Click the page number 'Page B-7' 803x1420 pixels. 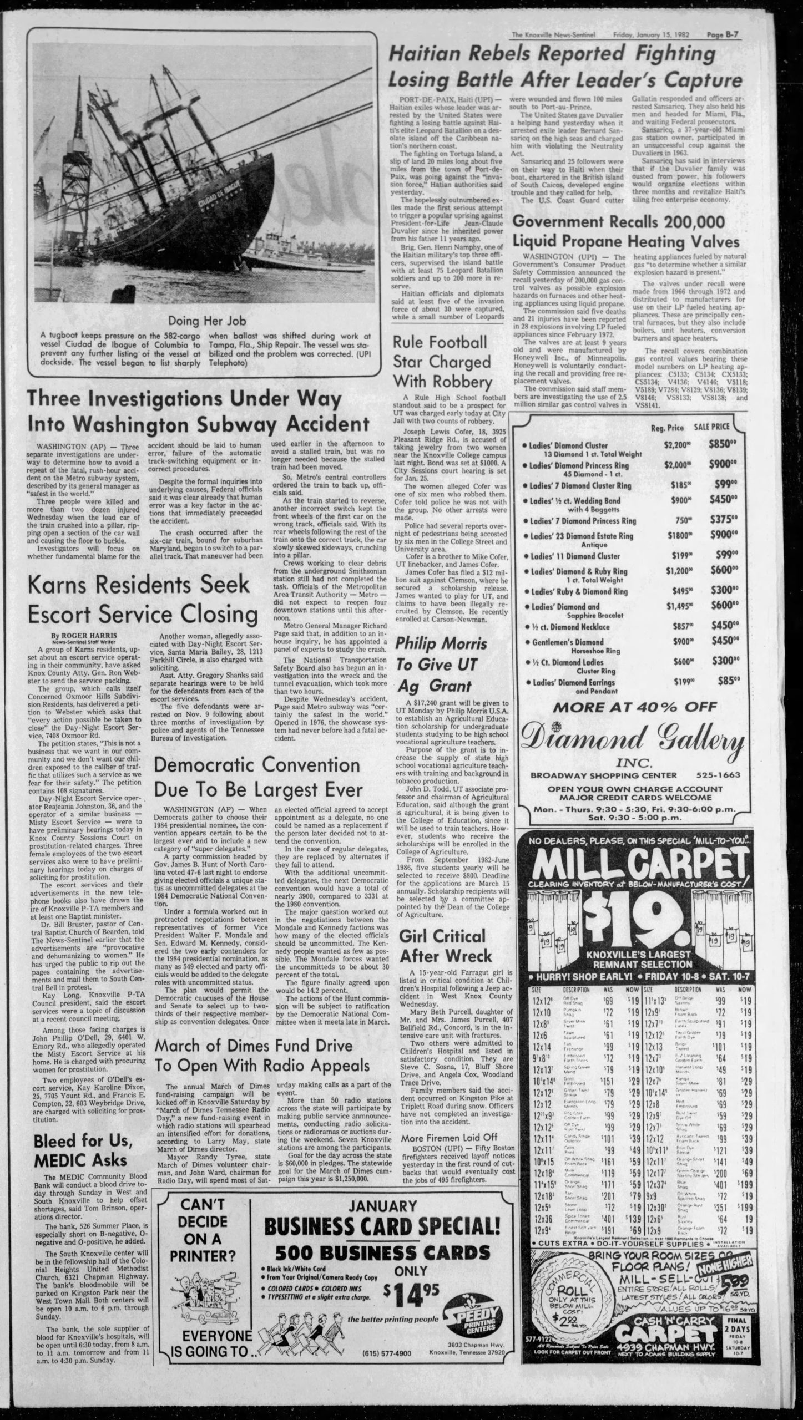[x=725, y=35]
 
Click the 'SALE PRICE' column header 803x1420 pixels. [x=713, y=427]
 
